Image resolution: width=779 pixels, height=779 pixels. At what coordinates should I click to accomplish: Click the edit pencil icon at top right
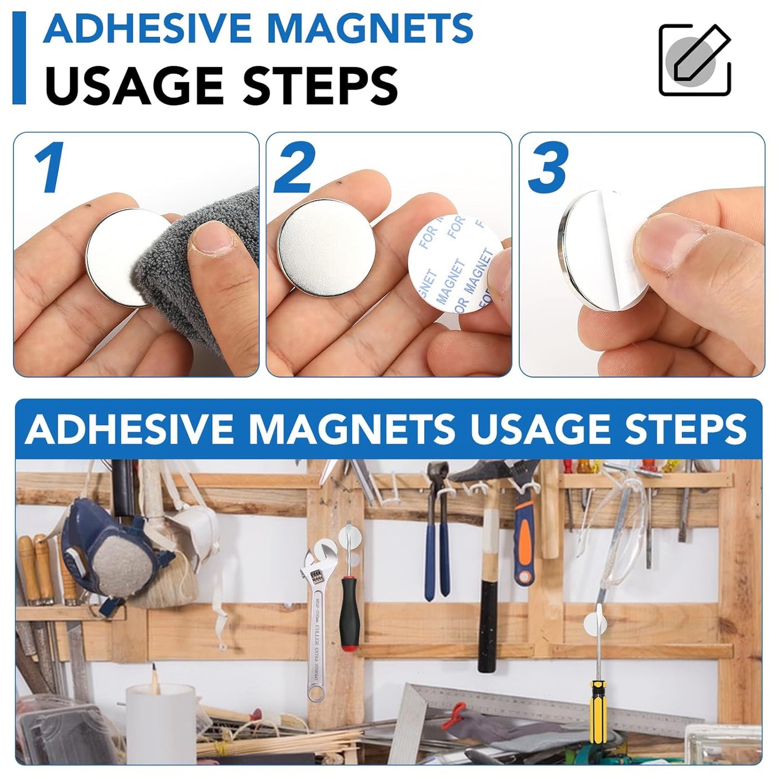[x=695, y=60]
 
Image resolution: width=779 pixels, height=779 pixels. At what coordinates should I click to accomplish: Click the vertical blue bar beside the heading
[x=19, y=58]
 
